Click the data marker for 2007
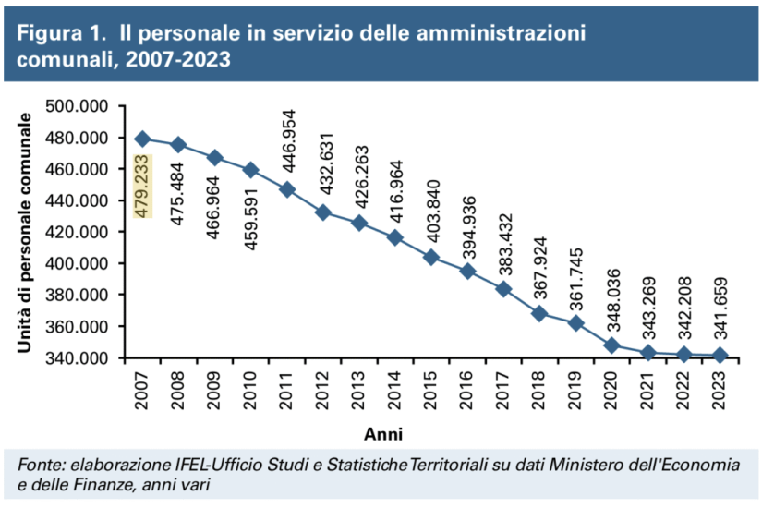pos(142,139)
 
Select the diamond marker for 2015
pos(430,257)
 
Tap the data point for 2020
pos(611,345)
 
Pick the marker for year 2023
pos(720,356)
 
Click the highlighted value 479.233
pos(142,187)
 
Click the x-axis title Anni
pos(381,432)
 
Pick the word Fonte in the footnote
pos(39,464)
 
